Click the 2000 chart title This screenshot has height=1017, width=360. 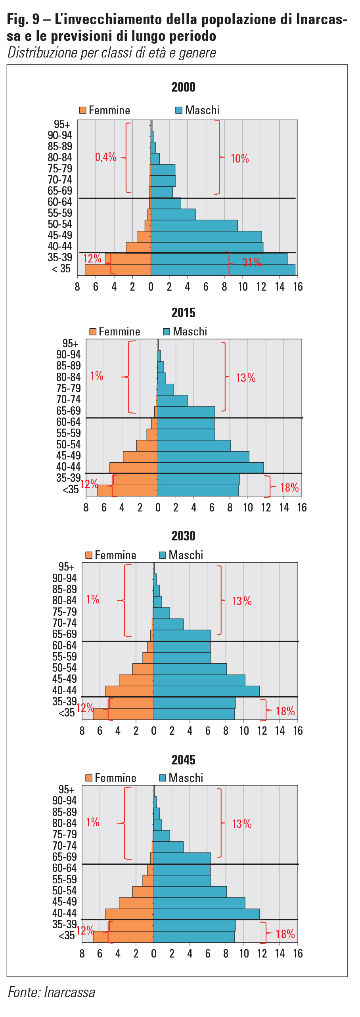point(183,87)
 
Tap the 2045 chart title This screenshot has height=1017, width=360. point(183,760)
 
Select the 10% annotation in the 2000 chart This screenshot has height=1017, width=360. point(239,159)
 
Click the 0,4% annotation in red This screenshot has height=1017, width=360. point(105,157)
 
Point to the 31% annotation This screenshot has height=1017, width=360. point(251,262)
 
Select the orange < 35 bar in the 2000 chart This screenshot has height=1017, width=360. point(118,270)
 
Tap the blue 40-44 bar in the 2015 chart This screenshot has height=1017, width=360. point(211,468)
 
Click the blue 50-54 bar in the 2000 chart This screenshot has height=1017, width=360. point(194,226)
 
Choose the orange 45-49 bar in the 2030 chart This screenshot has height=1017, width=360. point(136,680)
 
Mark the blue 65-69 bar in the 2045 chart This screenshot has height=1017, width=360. point(182,858)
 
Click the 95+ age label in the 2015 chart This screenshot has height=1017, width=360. point(70,343)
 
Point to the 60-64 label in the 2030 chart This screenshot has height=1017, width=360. point(64,645)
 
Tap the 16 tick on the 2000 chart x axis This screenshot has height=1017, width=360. point(298,287)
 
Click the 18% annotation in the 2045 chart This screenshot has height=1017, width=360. point(285,934)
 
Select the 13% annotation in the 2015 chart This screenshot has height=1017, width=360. point(245,378)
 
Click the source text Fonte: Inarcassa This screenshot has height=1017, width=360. point(52,992)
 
